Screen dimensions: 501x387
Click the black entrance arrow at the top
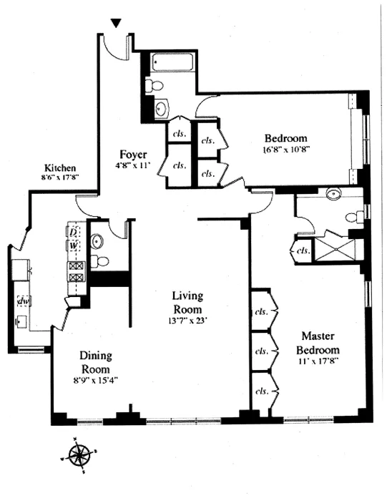117,23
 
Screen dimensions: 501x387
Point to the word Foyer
133,154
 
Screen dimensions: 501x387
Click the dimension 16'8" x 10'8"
286,151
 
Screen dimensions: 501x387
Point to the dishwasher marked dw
22,301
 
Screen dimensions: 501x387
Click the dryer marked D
74,231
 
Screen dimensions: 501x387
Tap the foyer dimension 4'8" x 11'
132,165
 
